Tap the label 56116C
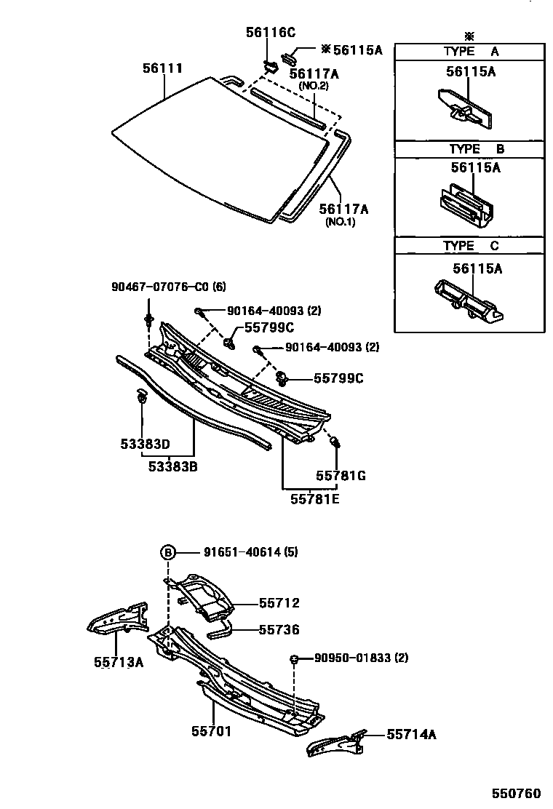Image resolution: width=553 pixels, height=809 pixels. point(270,32)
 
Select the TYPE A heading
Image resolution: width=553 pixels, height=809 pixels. point(470,52)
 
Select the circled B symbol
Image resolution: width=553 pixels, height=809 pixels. point(167,552)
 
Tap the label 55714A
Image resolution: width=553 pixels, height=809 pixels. point(411,735)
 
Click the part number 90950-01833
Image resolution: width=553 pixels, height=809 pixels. point(361,658)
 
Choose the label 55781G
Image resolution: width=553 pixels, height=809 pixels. point(340,476)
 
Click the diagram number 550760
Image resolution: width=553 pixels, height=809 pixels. point(517,792)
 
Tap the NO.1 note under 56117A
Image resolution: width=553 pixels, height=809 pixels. point(341,223)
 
